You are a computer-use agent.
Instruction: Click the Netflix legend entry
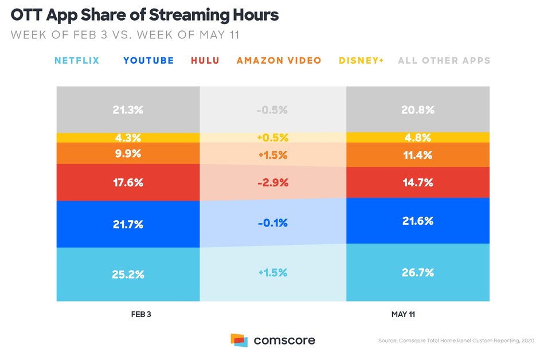(x=77, y=60)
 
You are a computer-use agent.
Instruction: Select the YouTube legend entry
(x=148, y=60)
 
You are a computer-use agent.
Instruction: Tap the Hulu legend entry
(x=205, y=60)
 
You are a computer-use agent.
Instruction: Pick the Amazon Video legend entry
(x=279, y=60)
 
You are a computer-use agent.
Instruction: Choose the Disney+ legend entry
(x=361, y=60)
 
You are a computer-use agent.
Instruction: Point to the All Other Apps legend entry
(x=444, y=60)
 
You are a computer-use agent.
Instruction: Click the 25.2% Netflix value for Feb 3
(x=128, y=274)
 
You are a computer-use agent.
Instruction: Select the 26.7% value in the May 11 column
(x=417, y=273)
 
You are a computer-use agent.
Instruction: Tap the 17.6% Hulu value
(x=128, y=182)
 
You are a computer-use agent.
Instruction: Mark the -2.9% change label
(x=273, y=182)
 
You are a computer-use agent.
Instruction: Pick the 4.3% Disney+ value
(x=128, y=138)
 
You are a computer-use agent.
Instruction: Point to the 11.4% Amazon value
(x=417, y=155)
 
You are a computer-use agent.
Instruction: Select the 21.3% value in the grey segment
(x=128, y=110)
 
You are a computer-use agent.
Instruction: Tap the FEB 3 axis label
(x=128, y=315)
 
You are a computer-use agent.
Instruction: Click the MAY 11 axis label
(x=417, y=315)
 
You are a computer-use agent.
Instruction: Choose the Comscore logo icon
(x=239, y=340)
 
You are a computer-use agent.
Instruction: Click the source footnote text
(x=455, y=341)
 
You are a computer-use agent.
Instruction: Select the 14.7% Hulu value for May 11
(x=417, y=182)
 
